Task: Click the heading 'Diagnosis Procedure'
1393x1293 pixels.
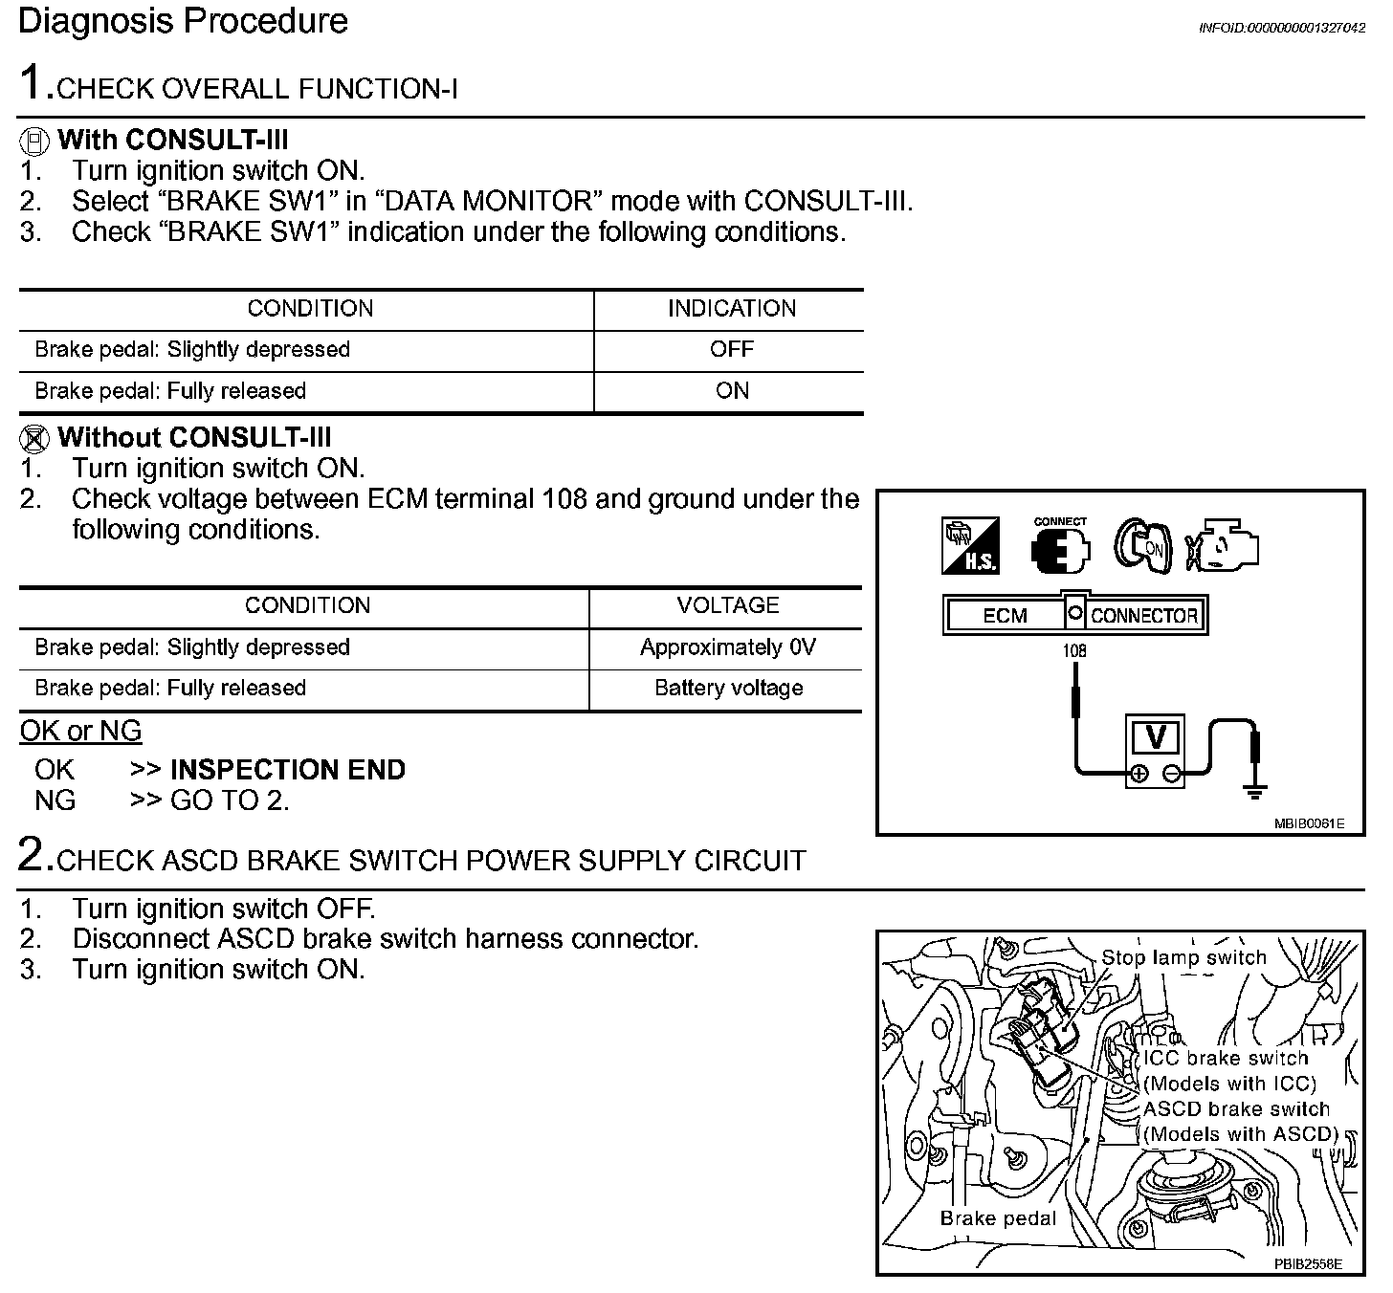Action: (x=183, y=21)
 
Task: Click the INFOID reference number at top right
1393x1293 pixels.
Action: (x=1281, y=29)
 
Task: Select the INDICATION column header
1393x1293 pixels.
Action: (x=731, y=309)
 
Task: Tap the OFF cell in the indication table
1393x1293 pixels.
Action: (x=731, y=350)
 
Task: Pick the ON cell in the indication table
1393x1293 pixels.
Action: (x=732, y=391)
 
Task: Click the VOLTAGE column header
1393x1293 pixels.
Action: (x=727, y=606)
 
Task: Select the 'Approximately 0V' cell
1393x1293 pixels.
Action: (x=727, y=647)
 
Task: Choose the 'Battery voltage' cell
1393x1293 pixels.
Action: (x=728, y=689)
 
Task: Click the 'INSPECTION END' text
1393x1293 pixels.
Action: (x=287, y=770)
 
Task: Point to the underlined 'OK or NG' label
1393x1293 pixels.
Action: (x=80, y=732)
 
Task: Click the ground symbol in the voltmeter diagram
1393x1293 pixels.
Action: (x=1254, y=790)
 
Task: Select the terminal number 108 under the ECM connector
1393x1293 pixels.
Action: (x=1074, y=651)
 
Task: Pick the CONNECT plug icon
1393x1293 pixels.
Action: (x=1060, y=547)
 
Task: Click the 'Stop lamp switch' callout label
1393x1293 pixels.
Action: (x=1183, y=957)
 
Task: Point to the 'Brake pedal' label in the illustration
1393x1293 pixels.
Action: (x=998, y=1218)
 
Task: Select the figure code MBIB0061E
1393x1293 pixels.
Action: (x=1309, y=823)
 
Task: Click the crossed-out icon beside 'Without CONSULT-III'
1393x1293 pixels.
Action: (x=34, y=439)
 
